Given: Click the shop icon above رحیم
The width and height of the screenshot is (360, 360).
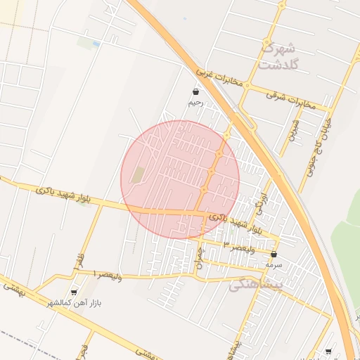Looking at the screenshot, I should (195, 92).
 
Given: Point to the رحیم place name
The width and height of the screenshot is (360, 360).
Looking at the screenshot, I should (195, 103).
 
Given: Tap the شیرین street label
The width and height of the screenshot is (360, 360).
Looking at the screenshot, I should (294, 129).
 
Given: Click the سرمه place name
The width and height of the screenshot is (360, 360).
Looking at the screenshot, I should (274, 265).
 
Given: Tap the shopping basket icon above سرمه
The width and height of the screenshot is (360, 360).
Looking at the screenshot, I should (274, 255).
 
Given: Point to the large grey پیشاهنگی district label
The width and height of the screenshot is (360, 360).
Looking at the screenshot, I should (256, 284).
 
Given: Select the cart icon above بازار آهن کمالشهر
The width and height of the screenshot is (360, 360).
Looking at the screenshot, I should (74, 292).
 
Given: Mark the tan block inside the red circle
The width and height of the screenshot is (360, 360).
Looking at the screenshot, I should (139, 175).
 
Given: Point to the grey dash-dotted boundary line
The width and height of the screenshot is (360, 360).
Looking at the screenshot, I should (21, 335).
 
